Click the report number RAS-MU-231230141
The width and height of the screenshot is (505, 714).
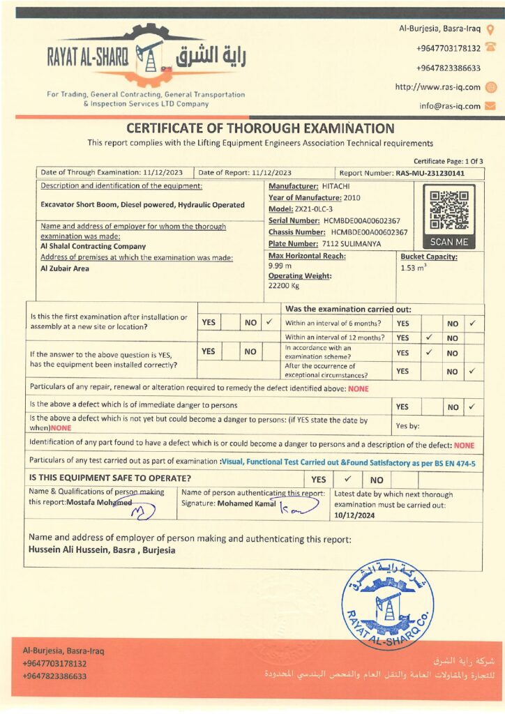pyautogui.click(x=430, y=173)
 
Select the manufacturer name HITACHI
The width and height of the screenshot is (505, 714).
pyautogui.click(x=336, y=186)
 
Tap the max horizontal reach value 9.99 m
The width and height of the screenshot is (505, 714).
pyautogui.click(x=280, y=266)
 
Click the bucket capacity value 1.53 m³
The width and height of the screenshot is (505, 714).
pyautogui.click(x=414, y=267)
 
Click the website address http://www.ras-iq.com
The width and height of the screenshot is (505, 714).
pyautogui.click(x=437, y=87)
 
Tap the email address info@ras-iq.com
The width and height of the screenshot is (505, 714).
pyautogui.click(x=450, y=106)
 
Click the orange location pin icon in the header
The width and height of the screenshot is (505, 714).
pyautogui.click(x=490, y=29)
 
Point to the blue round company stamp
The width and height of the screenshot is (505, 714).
pyautogui.click(x=387, y=603)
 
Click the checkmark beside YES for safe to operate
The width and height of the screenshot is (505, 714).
pyautogui.click(x=348, y=480)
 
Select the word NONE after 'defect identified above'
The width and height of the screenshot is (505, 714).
pyautogui.click(x=359, y=388)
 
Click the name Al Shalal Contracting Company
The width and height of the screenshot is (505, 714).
pyautogui.click(x=93, y=246)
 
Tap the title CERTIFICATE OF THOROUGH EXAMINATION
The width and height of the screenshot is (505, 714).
pyautogui.click(x=260, y=128)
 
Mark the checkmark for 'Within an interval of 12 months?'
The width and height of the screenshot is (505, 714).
pyautogui.click(x=429, y=337)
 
